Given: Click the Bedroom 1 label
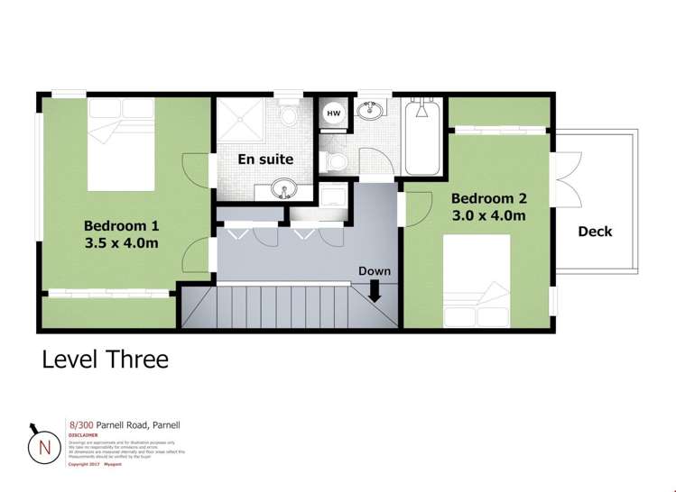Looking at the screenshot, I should tap(122, 225).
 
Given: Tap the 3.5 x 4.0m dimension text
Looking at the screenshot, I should tap(122, 243).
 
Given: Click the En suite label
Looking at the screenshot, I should tap(265, 159).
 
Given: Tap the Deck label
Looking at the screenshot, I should tap(595, 232).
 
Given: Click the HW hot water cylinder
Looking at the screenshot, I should tap(333, 114).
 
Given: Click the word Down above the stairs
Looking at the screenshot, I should tap(375, 271).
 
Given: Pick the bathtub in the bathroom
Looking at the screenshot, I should tap(422, 139).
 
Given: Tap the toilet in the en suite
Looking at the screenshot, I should tap(290, 115).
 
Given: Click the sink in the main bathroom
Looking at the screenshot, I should tap(371, 111).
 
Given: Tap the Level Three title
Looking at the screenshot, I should tap(106, 359).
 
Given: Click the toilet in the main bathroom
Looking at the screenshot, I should tap(338, 161).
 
